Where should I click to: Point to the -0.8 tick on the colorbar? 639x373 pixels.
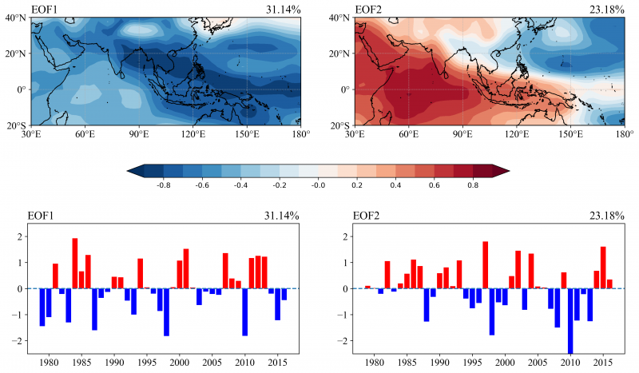[165, 183]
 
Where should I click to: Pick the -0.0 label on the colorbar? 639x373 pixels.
[318, 183]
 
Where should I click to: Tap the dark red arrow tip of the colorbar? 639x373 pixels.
[502, 170]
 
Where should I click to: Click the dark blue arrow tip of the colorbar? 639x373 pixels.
[133, 170]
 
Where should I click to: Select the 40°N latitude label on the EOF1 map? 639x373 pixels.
[17, 18]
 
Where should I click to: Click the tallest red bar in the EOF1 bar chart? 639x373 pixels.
[75, 263]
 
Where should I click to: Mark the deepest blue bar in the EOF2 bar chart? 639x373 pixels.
[570, 320]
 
